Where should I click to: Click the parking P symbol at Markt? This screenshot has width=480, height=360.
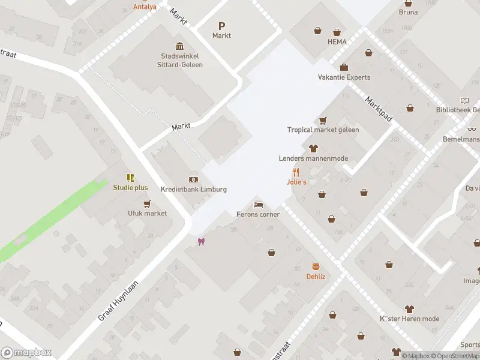(221, 26)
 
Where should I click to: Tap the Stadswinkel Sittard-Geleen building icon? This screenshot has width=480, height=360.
(179, 47)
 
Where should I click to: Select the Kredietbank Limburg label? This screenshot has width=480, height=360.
(194, 189)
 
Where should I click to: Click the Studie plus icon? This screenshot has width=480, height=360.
(130, 178)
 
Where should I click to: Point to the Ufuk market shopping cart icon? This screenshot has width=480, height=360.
(147, 204)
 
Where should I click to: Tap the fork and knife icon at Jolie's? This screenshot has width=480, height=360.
(296, 172)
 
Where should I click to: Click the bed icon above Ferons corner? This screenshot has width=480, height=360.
(259, 205)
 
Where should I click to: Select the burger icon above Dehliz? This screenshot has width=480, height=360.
(316, 266)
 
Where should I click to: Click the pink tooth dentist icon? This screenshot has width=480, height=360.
(201, 241)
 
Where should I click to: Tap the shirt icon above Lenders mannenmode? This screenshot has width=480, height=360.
(313, 149)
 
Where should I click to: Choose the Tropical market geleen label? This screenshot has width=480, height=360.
(323, 130)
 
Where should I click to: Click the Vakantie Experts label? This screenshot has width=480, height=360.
(344, 77)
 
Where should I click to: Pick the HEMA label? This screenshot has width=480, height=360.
(337, 42)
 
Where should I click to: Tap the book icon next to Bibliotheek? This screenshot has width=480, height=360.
(464, 100)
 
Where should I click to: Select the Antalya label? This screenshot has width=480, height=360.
(145, 7)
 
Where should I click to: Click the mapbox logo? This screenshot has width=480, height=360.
(26, 353)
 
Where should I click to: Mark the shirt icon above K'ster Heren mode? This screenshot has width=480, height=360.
(410, 310)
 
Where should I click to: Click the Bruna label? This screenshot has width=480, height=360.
(409, 12)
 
